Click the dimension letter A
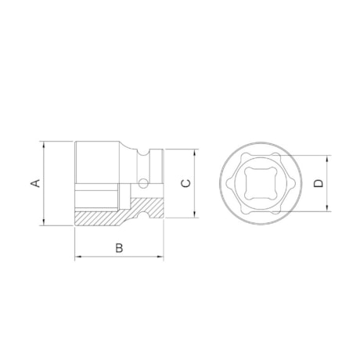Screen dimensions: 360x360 click(34, 184)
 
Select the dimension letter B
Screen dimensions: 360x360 click(119, 248)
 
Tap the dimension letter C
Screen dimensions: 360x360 click(185, 184)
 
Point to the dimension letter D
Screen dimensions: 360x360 click(318, 184)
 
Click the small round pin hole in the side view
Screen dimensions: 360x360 click(142, 185)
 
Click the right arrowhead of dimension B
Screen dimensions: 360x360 click(163, 257)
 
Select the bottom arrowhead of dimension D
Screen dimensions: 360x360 click(329, 212)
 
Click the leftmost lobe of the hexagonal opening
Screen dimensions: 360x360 click(229, 184)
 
